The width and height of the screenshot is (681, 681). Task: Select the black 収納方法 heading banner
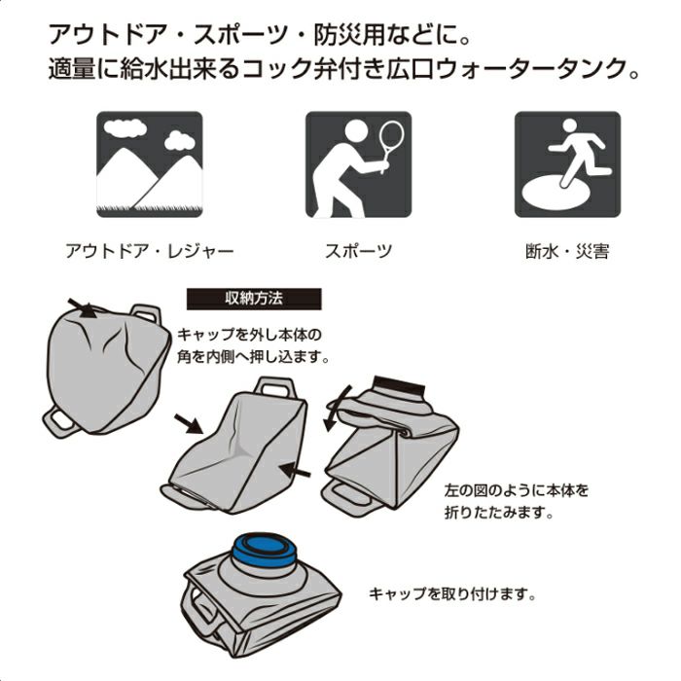[x=254, y=299]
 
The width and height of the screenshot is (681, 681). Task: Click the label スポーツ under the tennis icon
[x=358, y=251]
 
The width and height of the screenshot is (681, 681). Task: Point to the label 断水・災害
[x=567, y=251]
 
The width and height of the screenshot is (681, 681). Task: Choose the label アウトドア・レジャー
[x=150, y=251]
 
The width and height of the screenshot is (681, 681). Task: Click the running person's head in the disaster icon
[x=569, y=125]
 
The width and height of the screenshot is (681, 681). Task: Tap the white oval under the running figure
[x=556, y=193]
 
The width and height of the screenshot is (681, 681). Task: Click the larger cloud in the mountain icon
[x=125, y=127]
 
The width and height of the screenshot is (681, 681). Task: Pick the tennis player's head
[x=357, y=131]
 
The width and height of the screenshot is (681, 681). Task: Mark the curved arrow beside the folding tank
[x=337, y=409]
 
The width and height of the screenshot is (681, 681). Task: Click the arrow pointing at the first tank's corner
[x=83, y=308]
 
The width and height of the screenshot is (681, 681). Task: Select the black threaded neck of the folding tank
[x=400, y=385]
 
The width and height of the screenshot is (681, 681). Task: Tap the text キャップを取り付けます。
[x=451, y=593]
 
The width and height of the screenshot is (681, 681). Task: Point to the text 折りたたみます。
[x=499, y=513]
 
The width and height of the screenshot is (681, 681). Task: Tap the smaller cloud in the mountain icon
[x=179, y=140]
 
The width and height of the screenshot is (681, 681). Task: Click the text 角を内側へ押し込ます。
[x=253, y=357]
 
